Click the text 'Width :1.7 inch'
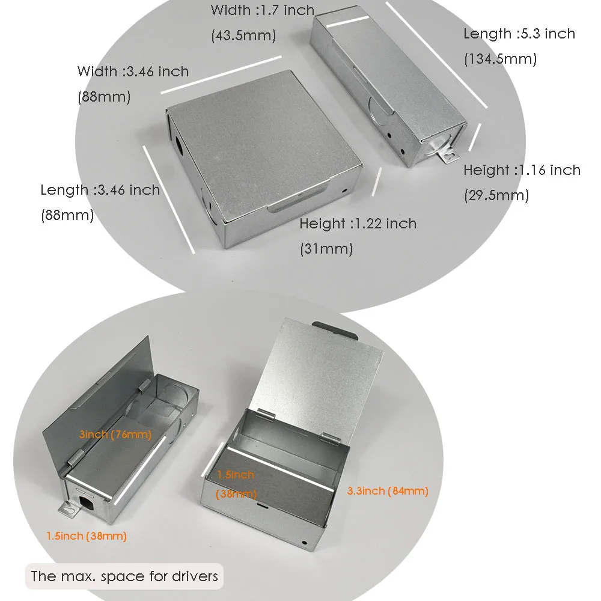click(263, 10)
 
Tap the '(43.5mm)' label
click(243, 35)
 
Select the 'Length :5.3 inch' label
click(519, 34)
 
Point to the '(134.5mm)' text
click(500, 59)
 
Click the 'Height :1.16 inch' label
click(522, 170)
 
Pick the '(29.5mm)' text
click(496, 195)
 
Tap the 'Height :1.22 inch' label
click(358, 224)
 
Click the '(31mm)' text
click(326, 249)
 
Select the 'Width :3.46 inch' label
click(133, 72)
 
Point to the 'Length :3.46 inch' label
click(100, 190)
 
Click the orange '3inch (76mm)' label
click(115, 435)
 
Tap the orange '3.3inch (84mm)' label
click(388, 491)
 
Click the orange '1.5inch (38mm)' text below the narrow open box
click(86, 536)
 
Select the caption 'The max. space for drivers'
click(124, 576)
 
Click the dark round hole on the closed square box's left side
click(179, 144)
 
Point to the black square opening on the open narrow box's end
click(87, 503)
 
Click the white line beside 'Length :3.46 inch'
click(169, 200)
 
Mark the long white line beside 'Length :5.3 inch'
click(436, 55)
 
